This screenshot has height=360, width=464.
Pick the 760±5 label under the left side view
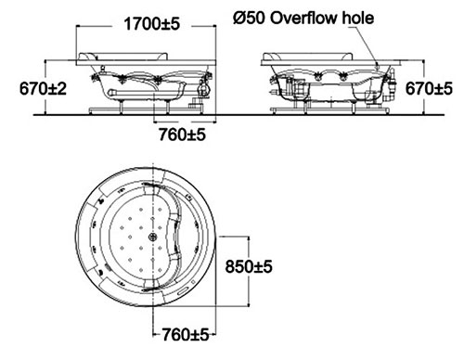182,135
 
